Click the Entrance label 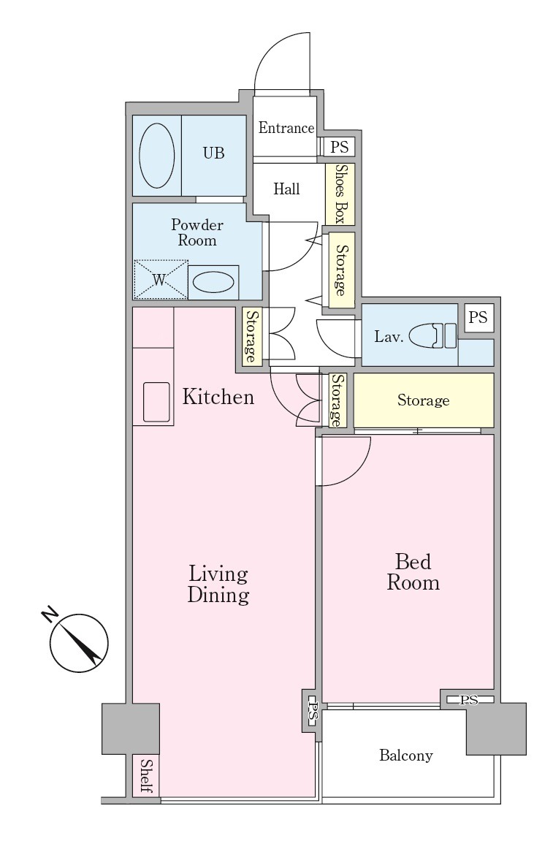click(x=286, y=128)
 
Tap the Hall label click(x=286, y=189)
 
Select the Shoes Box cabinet click(x=340, y=194)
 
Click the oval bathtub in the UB click(x=156, y=156)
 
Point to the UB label click(x=213, y=153)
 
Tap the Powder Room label click(x=197, y=232)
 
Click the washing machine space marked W click(x=161, y=279)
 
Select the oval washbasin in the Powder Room click(x=213, y=281)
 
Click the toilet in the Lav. click(x=432, y=336)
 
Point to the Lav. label click(x=389, y=337)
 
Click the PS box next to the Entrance click(x=339, y=146)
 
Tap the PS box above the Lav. click(x=478, y=318)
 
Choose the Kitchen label click(x=218, y=397)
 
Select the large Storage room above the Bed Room click(x=423, y=400)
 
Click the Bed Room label click(x=413, y=572)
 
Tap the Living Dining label click(x=218, y=584)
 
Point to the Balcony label click(x=406, y=756)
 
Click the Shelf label click(x=146, y=775)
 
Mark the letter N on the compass click(x=50, y=614)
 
